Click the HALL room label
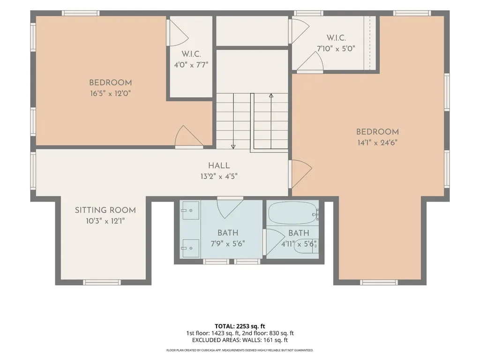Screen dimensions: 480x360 (x=219, y=165)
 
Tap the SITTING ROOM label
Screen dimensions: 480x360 (x=105, y=210)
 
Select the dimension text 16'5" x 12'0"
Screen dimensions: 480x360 (x=110, y=93)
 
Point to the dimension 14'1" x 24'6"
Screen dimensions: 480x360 (x=377, y=142)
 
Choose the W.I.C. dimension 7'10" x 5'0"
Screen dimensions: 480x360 (x=336, y=48)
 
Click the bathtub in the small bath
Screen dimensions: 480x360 (x=292, y=213)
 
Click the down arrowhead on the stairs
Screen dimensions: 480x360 (x=233, y=147)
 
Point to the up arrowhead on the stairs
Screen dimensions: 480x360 (x=271, y=96)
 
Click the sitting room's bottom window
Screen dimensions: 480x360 (x=102, y=282)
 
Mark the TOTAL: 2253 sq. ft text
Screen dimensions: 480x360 (x=240, y=326)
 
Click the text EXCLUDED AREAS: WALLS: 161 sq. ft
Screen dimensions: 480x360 (x=240, y=340)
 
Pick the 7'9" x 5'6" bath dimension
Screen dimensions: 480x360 (x=228, y=244)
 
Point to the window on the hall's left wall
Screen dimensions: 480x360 (x=33, y=171)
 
